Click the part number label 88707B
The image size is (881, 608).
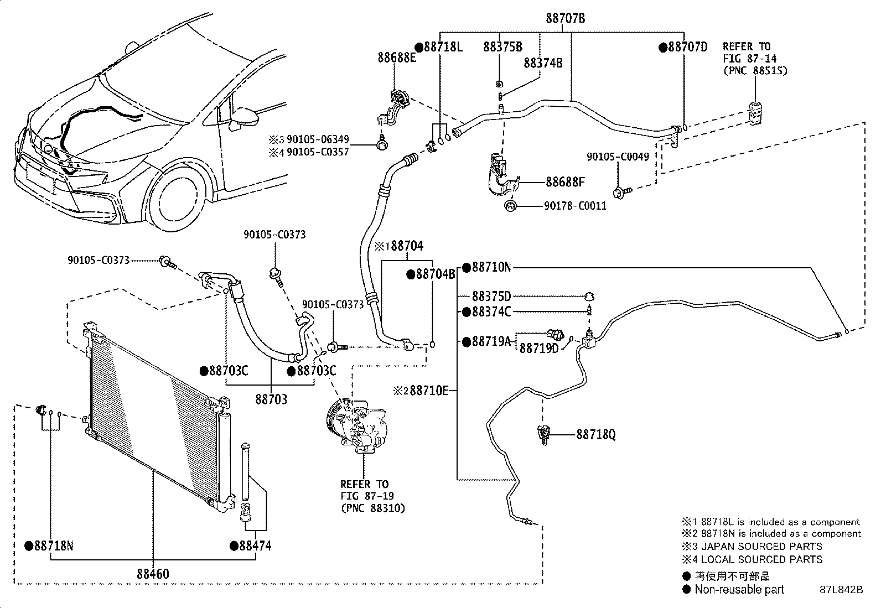click(565, 18)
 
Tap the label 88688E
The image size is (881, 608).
click(396, 58)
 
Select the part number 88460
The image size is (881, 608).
click(153, 574)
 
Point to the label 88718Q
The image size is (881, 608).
click(596, 435)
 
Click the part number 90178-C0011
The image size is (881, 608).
click(576, 206)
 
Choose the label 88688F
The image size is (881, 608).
click(565, 182)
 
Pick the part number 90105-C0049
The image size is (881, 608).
click(618, 157)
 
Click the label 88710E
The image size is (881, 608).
click(429, 391)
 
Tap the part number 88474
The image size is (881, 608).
click(255, 546)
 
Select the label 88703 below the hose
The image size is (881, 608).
click(271, 399)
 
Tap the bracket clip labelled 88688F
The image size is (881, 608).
click(501, 175)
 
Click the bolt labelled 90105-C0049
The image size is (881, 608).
click(622, 193)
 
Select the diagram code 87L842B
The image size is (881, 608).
click(841, 590)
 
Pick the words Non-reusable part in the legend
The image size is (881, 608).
click(739, 590)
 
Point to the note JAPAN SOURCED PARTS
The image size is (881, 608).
click(762, 547)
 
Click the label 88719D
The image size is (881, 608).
click(539, 349)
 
